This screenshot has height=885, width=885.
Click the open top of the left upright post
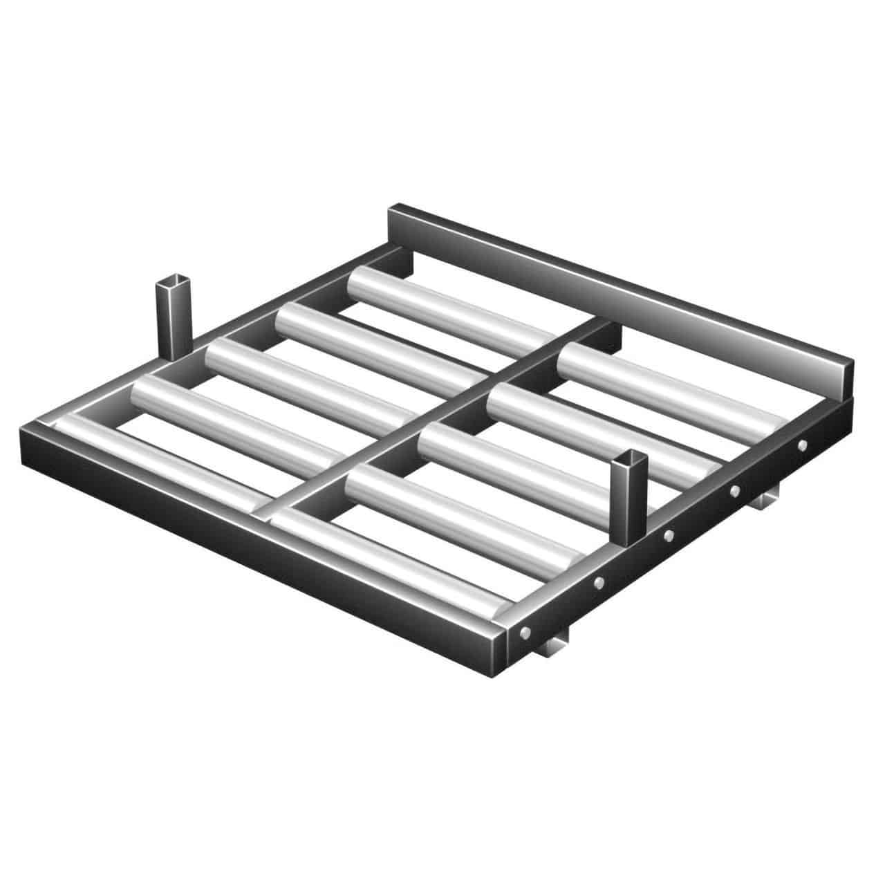click(x=171, y=282)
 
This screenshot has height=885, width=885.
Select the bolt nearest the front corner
click(x=526, y=632)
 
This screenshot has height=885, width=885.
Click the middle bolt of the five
click(x=668, y=536)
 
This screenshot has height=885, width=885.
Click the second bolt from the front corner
click(x=599, y=583)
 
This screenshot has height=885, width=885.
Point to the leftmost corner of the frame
click(x=28, y=432)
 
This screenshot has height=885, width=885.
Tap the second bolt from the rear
click(x=735, y=491)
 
